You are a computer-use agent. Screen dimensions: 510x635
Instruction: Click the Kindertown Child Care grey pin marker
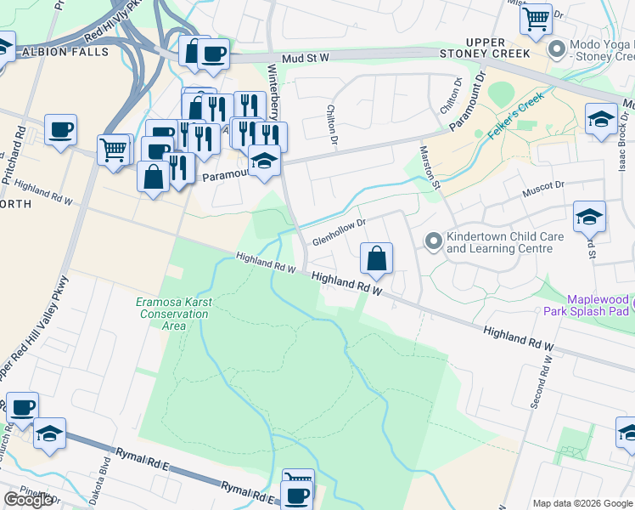click(x=434, y=243)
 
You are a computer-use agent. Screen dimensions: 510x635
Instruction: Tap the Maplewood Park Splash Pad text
click(x=586, y=305)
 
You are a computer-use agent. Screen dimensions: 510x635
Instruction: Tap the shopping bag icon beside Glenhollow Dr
click(x=376, y=258)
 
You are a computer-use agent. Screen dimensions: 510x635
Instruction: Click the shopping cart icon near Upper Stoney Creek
click(x=536, y=19)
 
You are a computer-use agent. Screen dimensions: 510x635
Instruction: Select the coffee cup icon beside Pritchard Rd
click(x=60, y=130)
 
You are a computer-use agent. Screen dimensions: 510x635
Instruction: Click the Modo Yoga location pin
click(x=557, y=48)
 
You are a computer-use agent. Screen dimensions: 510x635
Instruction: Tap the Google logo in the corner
click(x=28, y=500)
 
